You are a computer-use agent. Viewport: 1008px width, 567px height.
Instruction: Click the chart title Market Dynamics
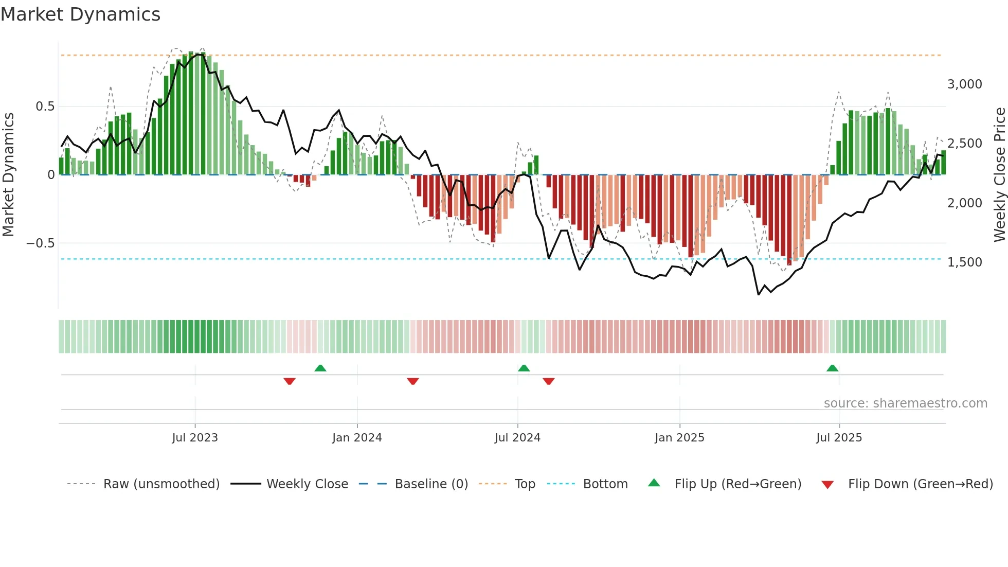tap(80, 14)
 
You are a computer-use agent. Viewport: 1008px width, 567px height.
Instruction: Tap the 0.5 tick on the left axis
tap(45, 107)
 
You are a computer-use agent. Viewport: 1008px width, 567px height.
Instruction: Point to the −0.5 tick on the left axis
tap(40, 243)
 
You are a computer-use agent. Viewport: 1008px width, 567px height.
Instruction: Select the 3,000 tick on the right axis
tap(964, 84)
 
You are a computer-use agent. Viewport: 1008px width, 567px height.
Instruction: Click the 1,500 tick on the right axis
tap(964, 262)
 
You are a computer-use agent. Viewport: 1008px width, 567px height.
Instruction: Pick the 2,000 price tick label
tap(964, 203)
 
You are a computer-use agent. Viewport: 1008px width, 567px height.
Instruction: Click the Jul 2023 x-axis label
tap(195, 438)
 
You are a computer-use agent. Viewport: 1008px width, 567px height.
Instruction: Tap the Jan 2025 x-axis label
tap(679, 438)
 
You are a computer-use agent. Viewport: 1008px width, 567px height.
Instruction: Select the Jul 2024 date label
tap(517, 438)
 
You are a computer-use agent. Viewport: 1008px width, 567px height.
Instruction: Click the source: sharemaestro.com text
tap(905, 403)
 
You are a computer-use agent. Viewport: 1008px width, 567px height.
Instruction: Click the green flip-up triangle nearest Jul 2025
tap(832, 368)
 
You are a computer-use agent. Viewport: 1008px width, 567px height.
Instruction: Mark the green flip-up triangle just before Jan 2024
tap(320, 368)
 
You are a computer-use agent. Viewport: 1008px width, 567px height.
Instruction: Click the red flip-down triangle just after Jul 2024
tap(548, 381)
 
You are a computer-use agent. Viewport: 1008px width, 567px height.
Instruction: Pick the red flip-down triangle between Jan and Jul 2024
tap(412, 381)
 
